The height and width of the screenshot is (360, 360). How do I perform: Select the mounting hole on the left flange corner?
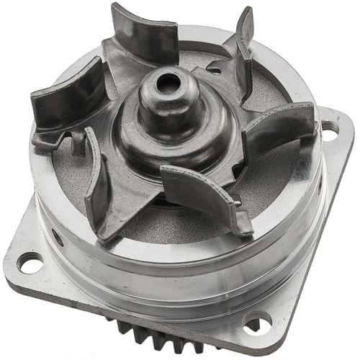point(30,264)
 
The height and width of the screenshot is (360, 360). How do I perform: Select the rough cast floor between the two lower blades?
point(144,216)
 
